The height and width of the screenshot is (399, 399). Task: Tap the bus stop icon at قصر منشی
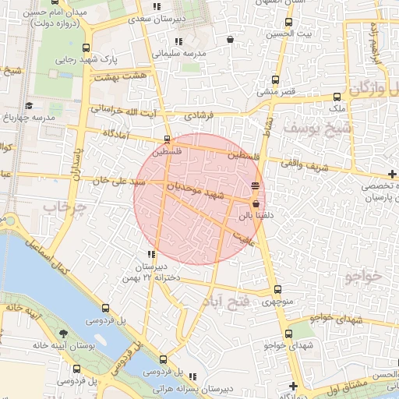274,79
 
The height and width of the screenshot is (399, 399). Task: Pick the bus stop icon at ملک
337,97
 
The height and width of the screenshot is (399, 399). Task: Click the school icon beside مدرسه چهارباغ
30,105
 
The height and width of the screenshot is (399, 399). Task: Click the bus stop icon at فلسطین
167,140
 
